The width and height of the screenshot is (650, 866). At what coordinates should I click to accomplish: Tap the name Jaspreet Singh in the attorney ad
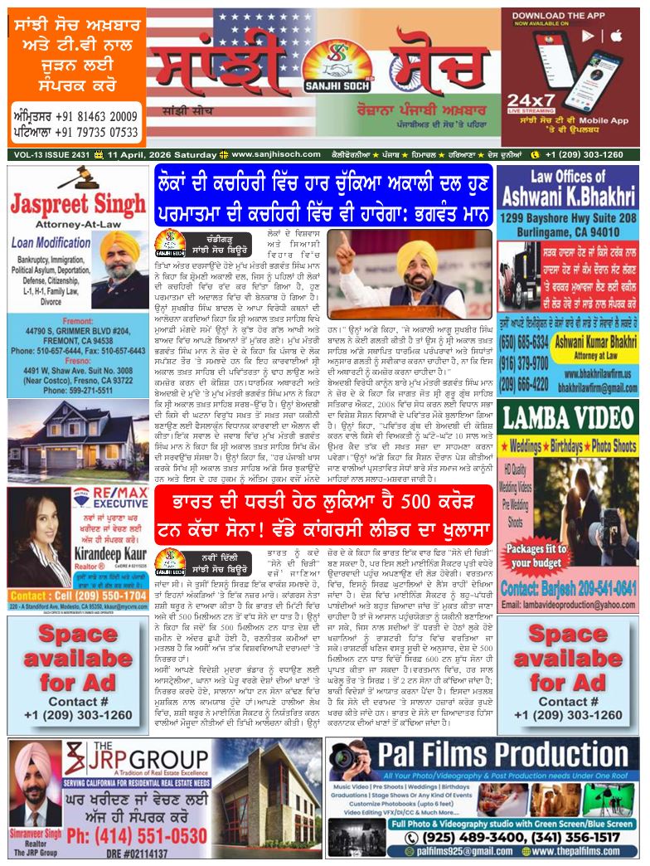(78, 204)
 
